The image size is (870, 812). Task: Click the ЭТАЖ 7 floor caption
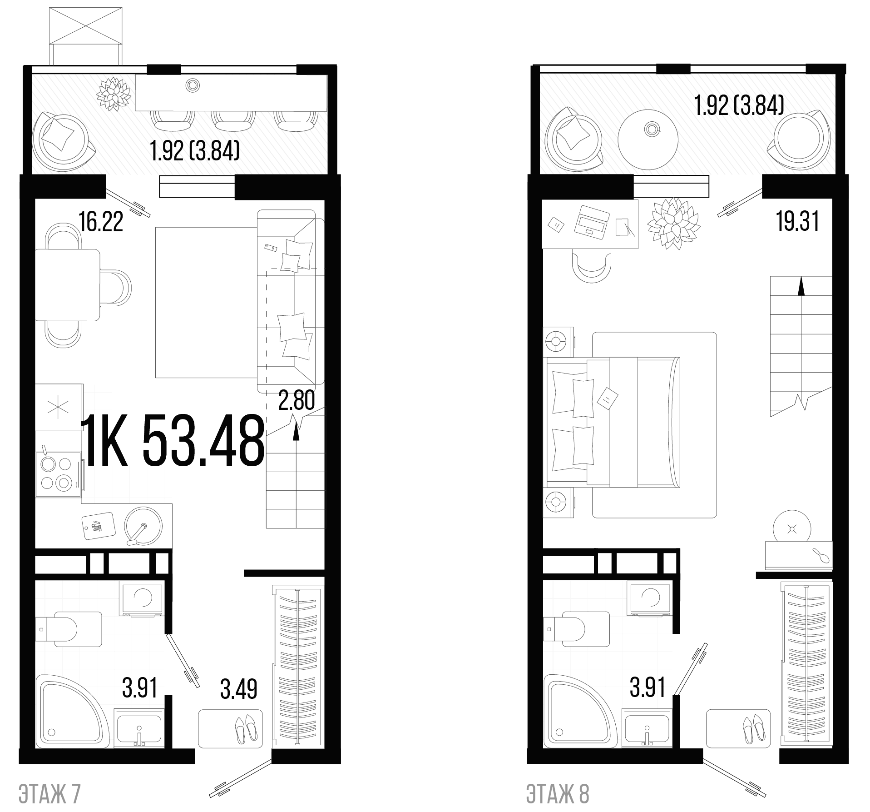(x=49, y=793)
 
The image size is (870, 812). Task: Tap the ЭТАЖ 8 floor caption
(x=558, y=793)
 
